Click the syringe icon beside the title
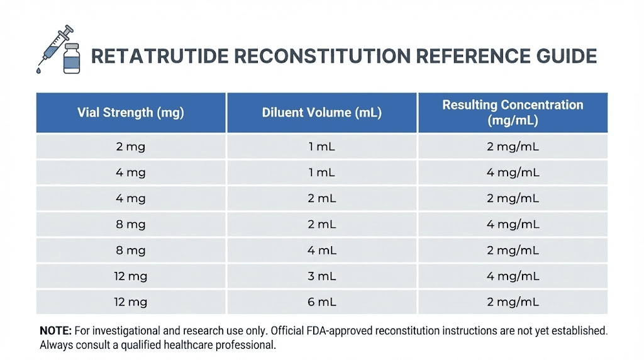[x=55, y=43]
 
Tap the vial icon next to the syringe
[x=72, y=59]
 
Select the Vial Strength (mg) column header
[x=131, y=113]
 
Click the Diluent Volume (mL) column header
[x=322, y=113]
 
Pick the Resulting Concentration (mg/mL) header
[x=513, y=113]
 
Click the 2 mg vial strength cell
[x=131, y=147]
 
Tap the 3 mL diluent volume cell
[x=322, y=276]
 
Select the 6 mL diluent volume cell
[x=322, y=302]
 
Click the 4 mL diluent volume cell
[x=322, y=250]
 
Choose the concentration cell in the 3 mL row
[x=513, y=276]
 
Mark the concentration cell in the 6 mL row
[x=513, y=302]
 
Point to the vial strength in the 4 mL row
[x=131, y=250]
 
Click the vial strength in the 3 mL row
[x=131, y=276]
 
